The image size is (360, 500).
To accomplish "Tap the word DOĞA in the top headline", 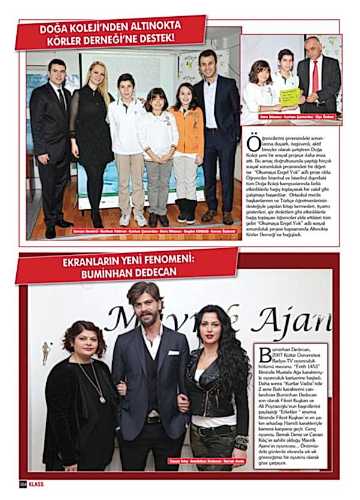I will [56, 28].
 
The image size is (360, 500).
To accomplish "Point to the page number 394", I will [22, 483].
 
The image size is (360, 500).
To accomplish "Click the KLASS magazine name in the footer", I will [37, 483].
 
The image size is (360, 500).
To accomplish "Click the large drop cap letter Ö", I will [251, 143].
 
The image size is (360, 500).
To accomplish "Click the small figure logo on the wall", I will [46, 350].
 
